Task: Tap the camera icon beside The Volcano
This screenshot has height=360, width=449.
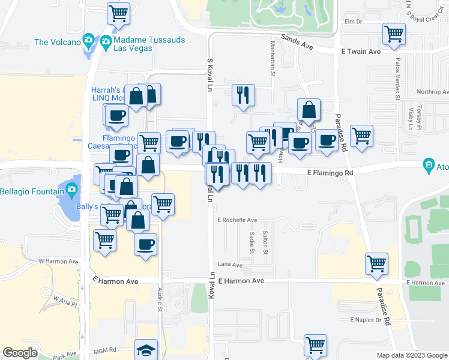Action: (89, 41)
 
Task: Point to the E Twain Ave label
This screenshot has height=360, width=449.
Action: (361, 52)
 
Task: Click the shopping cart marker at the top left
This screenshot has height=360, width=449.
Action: (119, 13)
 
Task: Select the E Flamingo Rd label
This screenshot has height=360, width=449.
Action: (330, 173)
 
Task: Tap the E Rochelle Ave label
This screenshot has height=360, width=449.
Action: (237, 220)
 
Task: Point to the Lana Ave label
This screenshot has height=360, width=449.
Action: (230, 265)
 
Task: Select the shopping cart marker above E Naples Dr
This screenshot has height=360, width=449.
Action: (376, 263)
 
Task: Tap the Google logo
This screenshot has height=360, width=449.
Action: (20, 353)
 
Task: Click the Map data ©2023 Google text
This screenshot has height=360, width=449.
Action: (411, 355)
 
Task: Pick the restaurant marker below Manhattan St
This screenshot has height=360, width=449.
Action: (243, 95)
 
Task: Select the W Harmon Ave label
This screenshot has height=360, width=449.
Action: (58, 261)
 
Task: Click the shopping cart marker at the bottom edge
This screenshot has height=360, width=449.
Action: (315, 346)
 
